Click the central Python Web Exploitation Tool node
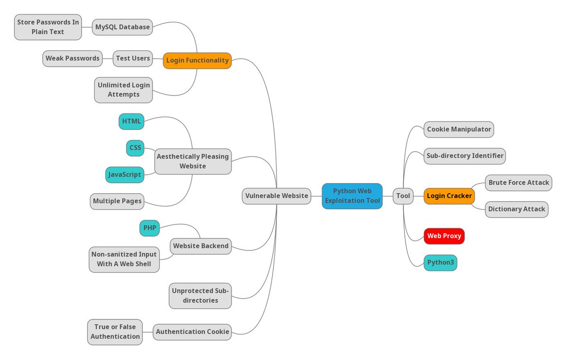point(352,196)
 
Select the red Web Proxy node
point(444,236)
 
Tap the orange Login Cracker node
point(449,196)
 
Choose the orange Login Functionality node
point(197,60)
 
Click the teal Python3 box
point(440,263)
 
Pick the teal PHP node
point(150,228)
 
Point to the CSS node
point(135,148)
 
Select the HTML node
point(131,121)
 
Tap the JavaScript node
point(124,175)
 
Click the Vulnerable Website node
point(276,196)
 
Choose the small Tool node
point(403,196)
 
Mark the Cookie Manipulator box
point(459,129)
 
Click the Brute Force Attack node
point(518,182)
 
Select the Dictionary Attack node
point(516,209)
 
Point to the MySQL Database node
point(122,27)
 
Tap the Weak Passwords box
point(73,59)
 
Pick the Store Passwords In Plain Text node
point(48,27)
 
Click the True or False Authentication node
point(115,332)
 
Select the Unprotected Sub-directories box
point(200,296)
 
